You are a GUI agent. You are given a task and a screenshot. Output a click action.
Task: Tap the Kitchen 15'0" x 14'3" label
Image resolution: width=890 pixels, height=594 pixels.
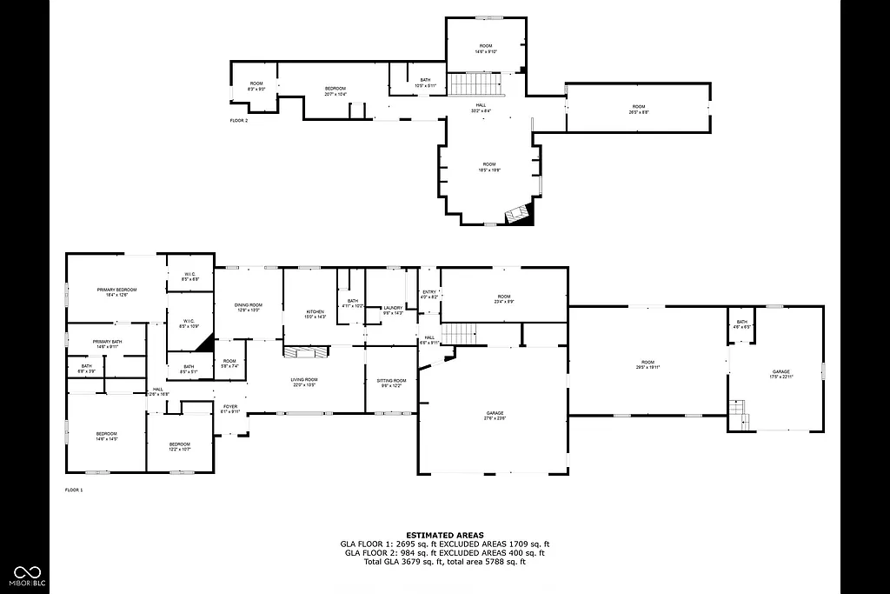pos(315,314)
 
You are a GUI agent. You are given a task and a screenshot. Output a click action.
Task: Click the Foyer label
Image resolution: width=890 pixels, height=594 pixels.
pos(230,409)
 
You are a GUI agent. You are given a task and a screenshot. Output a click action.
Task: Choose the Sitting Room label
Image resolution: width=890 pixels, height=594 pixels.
pos(391,383)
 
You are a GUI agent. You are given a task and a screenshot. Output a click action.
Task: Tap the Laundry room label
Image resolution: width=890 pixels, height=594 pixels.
pos(393,310)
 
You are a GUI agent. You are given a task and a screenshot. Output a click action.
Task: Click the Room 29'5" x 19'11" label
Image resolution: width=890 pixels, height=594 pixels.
pos(648,364)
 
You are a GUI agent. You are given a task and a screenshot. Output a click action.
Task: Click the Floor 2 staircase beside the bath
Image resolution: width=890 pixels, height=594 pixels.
pos(475,85)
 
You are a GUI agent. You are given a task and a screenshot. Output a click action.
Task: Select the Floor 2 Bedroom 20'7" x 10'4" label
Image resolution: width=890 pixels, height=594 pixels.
pos(335,90)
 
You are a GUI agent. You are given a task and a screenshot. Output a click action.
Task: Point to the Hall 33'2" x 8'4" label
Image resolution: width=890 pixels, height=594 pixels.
pos(481,108)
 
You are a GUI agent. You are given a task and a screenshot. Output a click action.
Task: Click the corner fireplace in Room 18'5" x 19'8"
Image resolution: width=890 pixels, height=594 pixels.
pos(518,214)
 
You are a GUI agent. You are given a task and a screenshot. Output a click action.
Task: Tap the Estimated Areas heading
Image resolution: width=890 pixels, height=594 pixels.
pos(444,535)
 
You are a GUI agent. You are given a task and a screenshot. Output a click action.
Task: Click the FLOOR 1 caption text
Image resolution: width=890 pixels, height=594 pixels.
pos(74,491)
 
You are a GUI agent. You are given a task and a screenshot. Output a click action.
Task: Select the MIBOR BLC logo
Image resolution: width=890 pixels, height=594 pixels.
pos(27,574)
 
